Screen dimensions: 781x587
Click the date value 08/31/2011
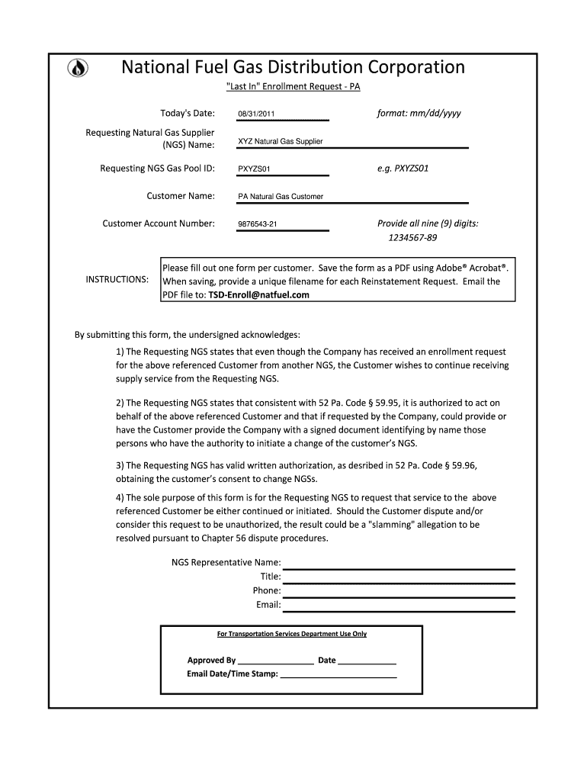[x=256, y=114]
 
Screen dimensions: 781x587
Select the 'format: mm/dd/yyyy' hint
[x=419, y=114]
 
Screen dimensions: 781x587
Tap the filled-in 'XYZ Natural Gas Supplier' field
[x=281, y=142]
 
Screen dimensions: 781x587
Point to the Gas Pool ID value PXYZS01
[x=254, y=169]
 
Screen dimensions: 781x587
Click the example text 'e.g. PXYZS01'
[x=403, y=169]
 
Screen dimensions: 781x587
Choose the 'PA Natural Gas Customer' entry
[x=281, y=197]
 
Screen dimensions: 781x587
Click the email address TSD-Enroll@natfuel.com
[x=259, y=295]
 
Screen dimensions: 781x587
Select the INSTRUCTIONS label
[x=117, y=280]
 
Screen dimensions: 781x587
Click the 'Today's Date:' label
[x=182, y=114]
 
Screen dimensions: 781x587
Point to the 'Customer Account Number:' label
[x=159, y=223]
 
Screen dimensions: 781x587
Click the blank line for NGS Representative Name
[x=399, y=564]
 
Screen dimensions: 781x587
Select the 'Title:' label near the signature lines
[x=271, y=577]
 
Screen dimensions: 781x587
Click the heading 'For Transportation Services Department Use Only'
[x=292, y=634]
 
